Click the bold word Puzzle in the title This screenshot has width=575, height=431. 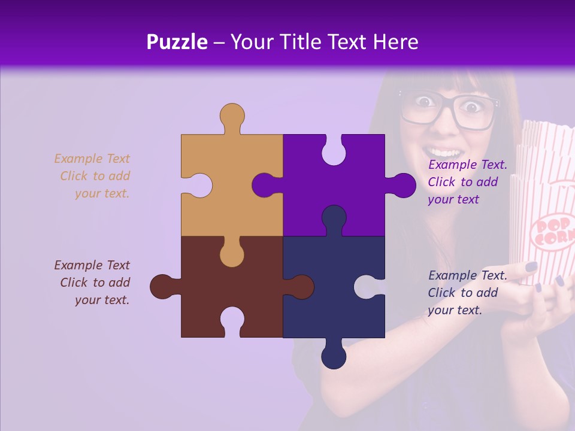click(177, 42)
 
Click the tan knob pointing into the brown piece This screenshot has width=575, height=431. click(232, 254)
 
